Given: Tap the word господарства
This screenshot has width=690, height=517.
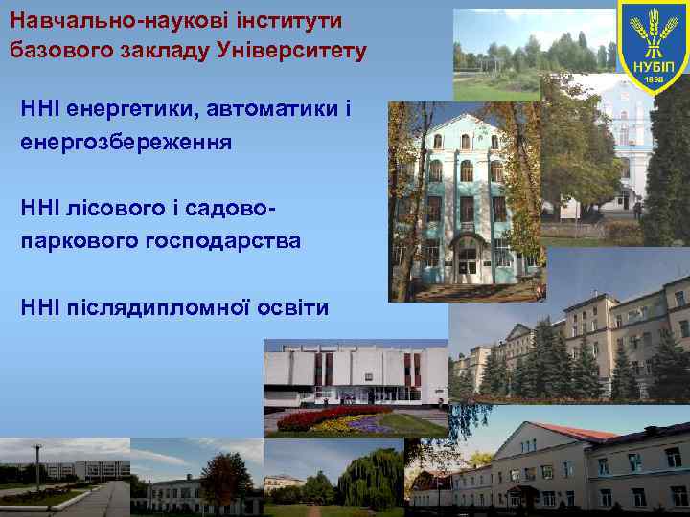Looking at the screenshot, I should click(223, 240).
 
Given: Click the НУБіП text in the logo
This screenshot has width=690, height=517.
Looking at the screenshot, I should click(654, 64).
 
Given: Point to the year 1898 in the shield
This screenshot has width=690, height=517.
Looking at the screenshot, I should click(654, 79).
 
